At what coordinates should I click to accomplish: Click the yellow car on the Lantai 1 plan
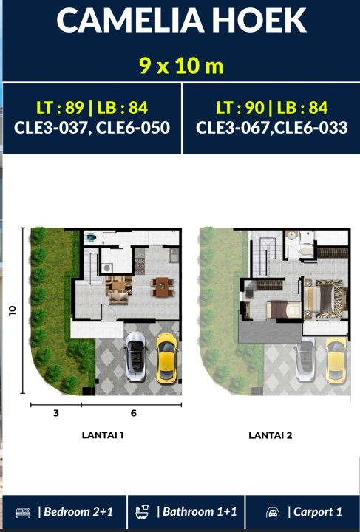coord(166,358)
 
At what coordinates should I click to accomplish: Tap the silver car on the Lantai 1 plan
coord(136,356)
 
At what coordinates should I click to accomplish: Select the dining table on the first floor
coord(163,287)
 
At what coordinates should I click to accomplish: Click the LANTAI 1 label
coord(103,435)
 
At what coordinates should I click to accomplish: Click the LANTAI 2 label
coord(271,435)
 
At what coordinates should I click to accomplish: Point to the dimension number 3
coord(56,413)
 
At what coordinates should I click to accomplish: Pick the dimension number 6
coord(133,413)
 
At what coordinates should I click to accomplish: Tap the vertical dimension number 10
coord(13,310)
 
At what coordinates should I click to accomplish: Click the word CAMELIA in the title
coord(130,21)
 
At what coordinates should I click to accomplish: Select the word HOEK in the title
coord(262,21)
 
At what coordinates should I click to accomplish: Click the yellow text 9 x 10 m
coord(182,66)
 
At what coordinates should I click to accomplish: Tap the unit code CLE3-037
coord(52,128)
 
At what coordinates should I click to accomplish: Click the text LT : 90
coord(240,108)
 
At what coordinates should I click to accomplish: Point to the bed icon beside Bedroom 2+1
coord(23,512)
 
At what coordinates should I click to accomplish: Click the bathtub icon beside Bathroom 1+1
coord(142,512)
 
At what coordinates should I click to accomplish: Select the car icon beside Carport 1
coord(273,512)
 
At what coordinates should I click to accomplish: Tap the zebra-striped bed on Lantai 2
coord(326,299)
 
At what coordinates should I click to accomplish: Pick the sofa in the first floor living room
coord(118,299)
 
